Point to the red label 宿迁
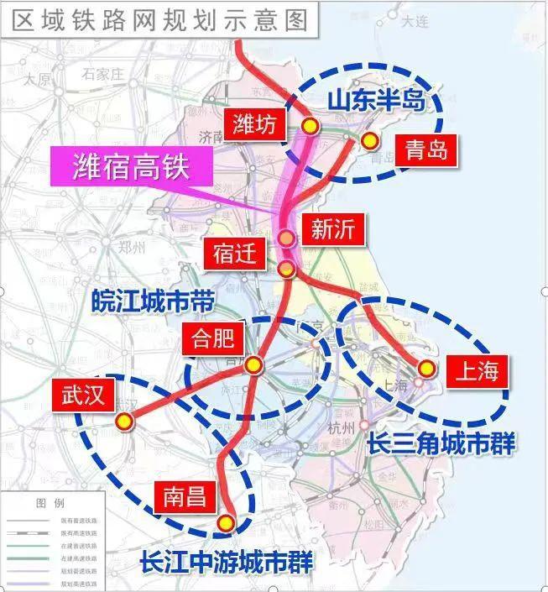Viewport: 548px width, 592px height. (x=234, y=252)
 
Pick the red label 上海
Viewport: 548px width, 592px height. (x=475, y=369)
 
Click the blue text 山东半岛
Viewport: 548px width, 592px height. (x=383, y=102)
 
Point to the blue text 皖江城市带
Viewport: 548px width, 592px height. (x=152, y=301)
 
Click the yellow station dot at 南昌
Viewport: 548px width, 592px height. (x=225, y=522)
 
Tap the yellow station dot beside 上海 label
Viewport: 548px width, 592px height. (x=426, y=368)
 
